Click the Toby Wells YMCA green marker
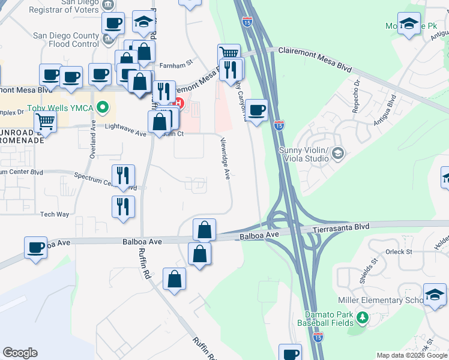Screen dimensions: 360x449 coord(103,109)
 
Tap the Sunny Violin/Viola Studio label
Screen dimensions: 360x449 coord(304,154)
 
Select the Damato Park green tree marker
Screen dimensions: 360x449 coord(362,316)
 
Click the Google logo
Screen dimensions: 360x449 coord(20,353)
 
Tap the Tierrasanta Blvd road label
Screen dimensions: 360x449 coord(343,229)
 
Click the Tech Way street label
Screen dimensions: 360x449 coord(55,214)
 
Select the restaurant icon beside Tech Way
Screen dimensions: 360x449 coord(123,206)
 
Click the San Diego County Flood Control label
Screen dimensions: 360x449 coord(66,40)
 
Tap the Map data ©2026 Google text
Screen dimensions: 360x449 coord(411,355)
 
